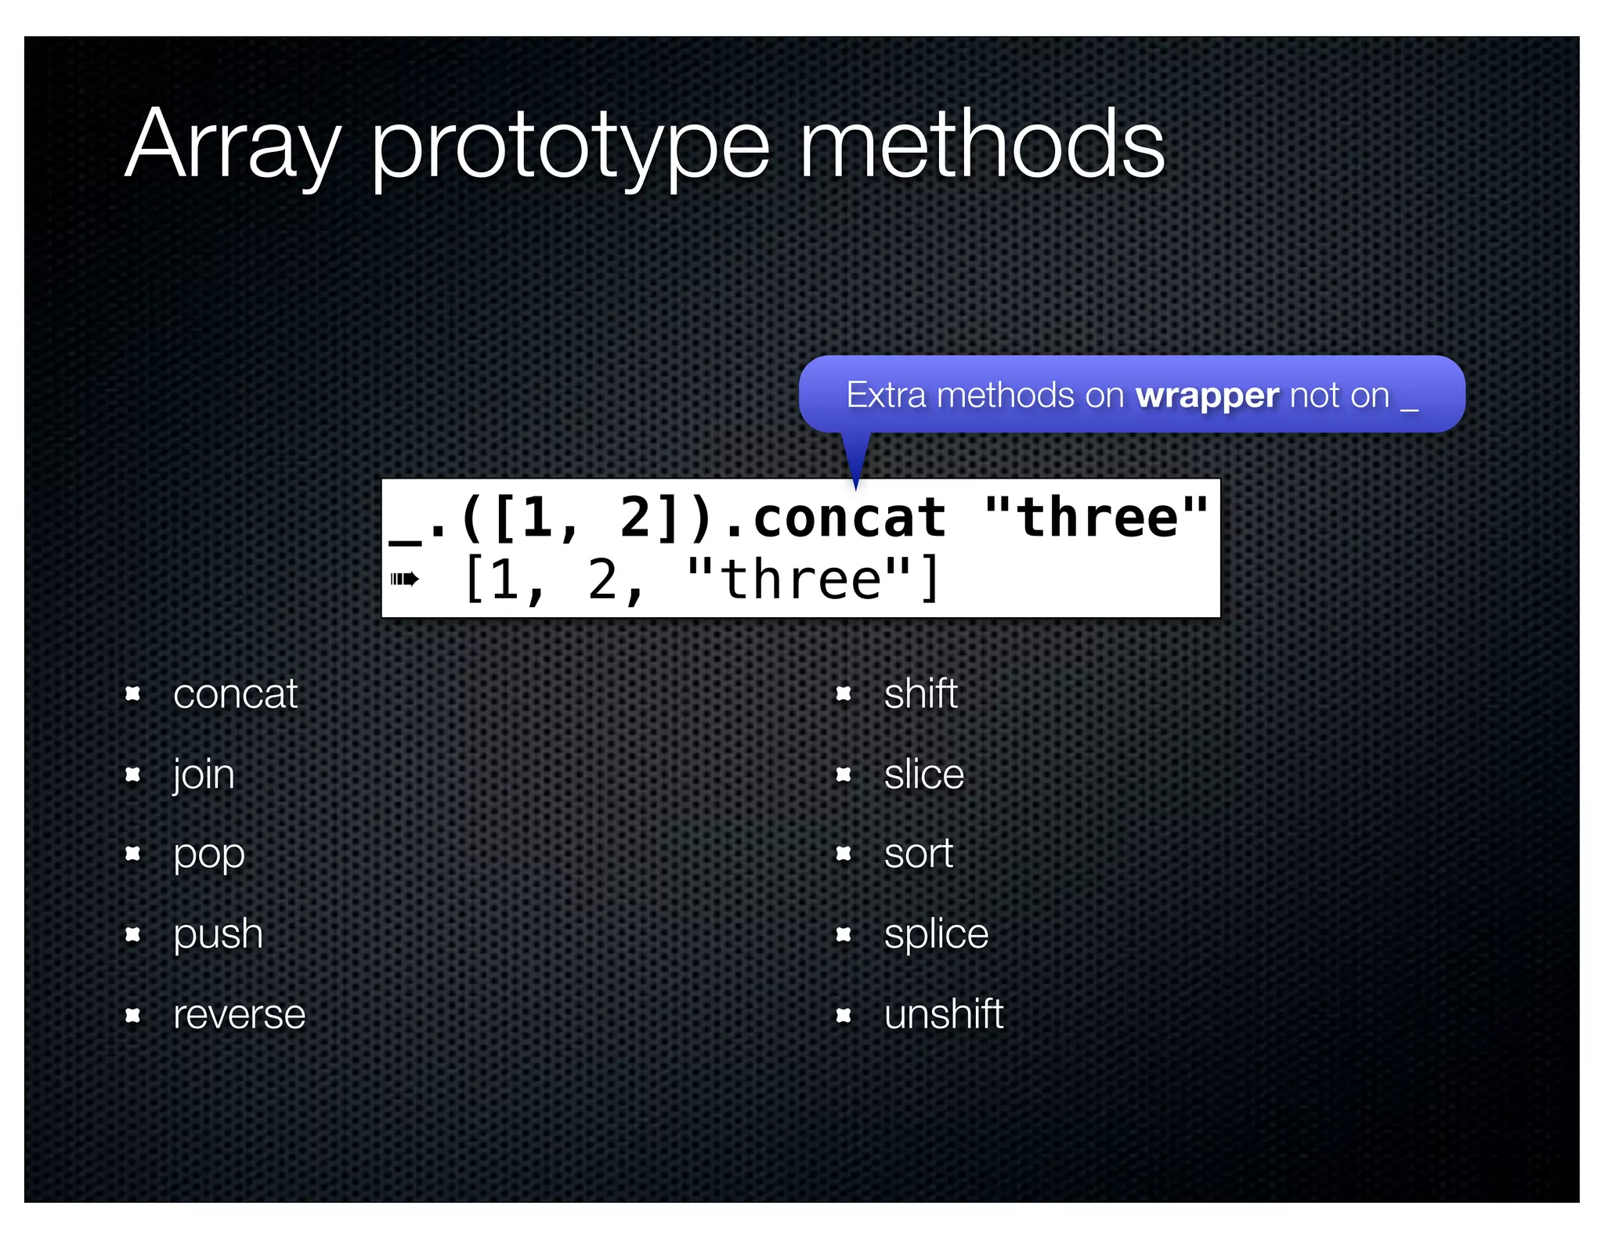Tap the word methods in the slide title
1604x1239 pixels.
(x=981, y=145)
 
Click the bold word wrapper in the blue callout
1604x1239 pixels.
(x=1207, y=396)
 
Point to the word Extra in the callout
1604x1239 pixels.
(x=886, y=395)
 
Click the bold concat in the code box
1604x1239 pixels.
(x=849, y=518)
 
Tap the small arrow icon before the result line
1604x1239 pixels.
(x=404, y=580)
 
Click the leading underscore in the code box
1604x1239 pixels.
(x=405, y=537)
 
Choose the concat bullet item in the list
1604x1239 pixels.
(x=235, y=694)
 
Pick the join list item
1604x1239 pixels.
(x=204, y=775)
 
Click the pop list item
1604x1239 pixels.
(x=209, y=854)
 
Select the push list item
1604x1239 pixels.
(x=218, y=934)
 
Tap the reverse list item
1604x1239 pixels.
(x=239, y=1015)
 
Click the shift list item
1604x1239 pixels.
(x=920, y=694)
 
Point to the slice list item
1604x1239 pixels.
(x=923, y=775)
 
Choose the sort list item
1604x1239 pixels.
(x=918, y=854)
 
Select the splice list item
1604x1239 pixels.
(x=936, y=934)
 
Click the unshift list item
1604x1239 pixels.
(x=943, y=1015)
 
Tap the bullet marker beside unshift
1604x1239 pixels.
(x=844, y=1016)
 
